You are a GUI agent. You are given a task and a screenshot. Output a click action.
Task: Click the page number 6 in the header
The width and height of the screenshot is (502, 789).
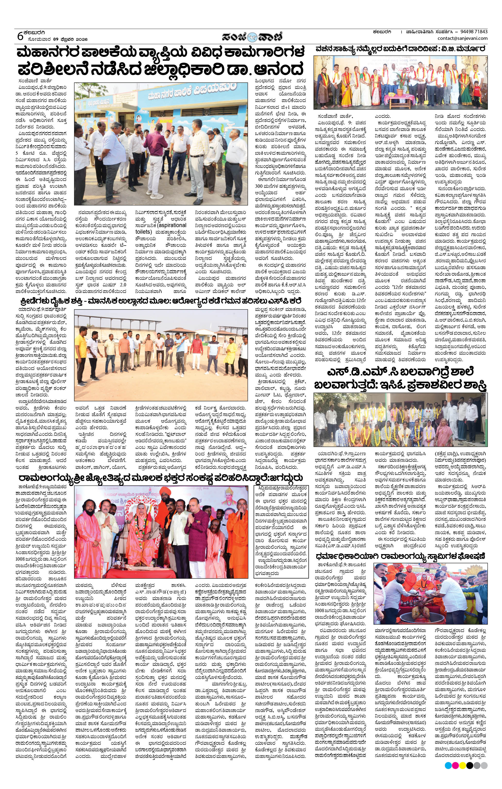[x=20, y=36]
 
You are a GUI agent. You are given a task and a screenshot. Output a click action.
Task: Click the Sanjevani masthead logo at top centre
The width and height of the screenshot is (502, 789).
[x=251, y=36]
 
